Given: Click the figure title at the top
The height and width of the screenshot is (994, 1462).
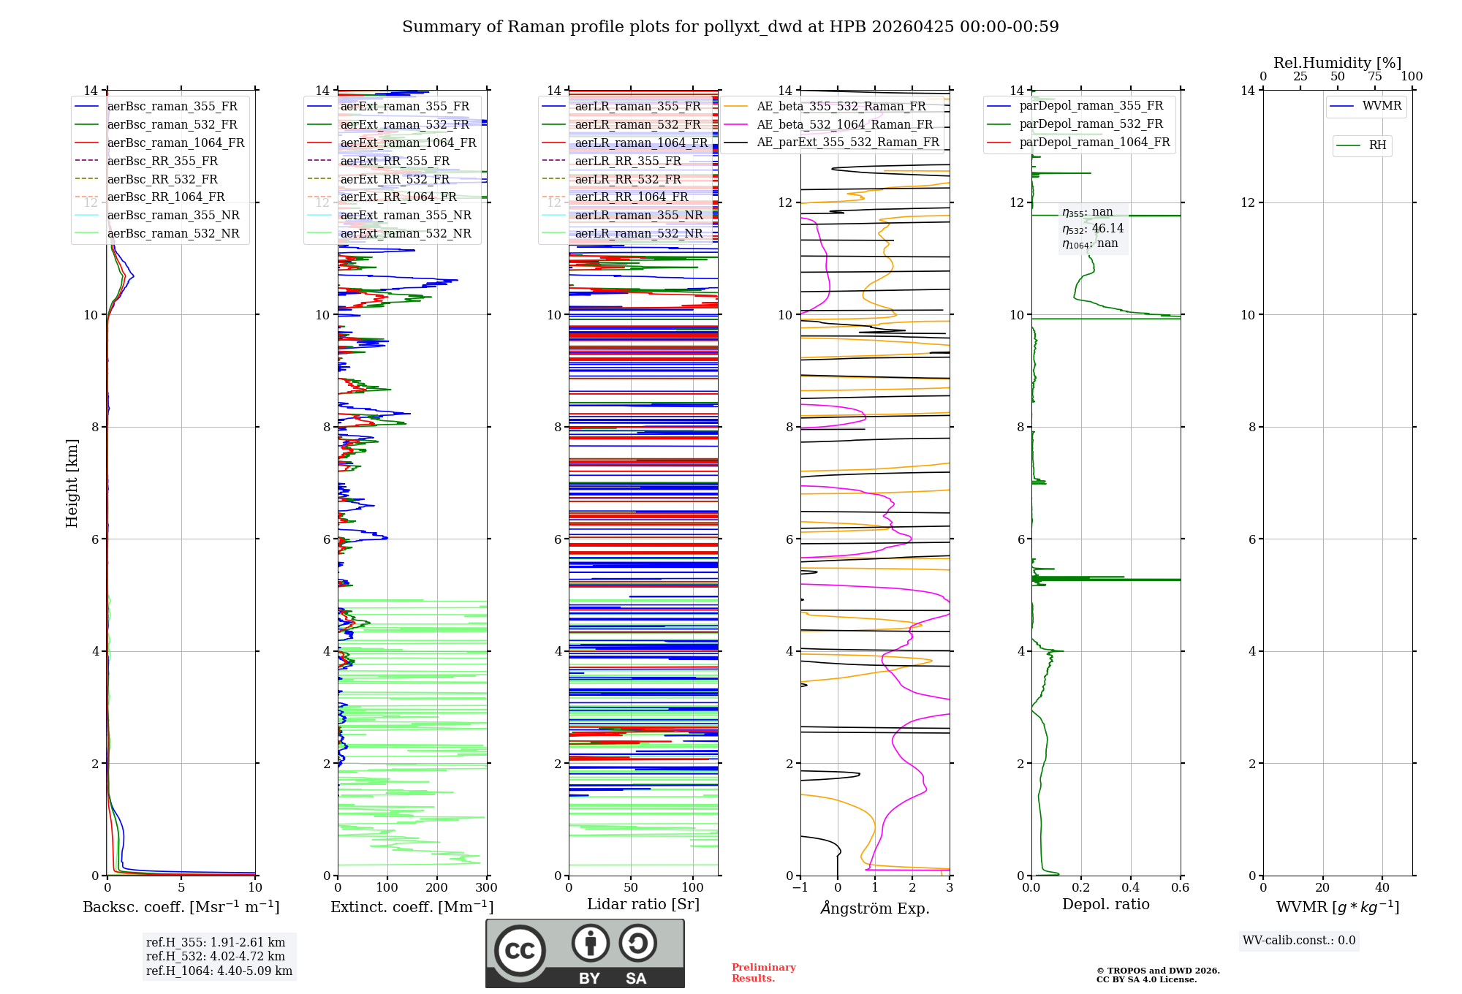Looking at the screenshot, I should [730, 27].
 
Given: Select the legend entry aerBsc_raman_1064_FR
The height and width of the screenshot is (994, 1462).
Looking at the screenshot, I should [175, 143].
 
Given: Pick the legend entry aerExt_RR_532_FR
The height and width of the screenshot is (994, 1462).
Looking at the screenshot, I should [395, 179].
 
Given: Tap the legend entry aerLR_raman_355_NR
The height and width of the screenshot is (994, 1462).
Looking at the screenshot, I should [638, 215].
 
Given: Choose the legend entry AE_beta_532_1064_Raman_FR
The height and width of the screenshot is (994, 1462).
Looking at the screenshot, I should [844, 124].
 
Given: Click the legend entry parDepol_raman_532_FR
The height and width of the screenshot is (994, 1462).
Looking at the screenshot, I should [1091, 124].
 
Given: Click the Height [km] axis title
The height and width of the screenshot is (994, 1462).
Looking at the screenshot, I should [72, 483].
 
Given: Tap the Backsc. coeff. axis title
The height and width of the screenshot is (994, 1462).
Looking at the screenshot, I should [181, 907].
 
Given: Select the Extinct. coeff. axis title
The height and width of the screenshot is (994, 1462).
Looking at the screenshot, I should [412, 907].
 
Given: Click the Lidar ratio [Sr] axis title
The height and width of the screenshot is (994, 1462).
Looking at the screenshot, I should [643, 904].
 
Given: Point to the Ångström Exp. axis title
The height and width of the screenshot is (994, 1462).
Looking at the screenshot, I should [874, 908].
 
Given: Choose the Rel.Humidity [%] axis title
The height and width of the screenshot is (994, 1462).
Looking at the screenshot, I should [1337, 63].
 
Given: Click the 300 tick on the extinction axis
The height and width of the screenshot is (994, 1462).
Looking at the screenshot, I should [486, 887].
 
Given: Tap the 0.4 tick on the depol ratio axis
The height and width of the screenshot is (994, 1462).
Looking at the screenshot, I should [1130, 887].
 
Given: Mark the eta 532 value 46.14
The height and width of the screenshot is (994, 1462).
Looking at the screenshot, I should [1107, 229].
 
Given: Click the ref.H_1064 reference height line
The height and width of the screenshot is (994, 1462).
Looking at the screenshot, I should [219, 971].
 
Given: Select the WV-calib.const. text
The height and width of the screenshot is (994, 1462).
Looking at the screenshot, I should [1298, 941].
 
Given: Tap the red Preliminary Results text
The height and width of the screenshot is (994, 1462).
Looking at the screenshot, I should [763, 973].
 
